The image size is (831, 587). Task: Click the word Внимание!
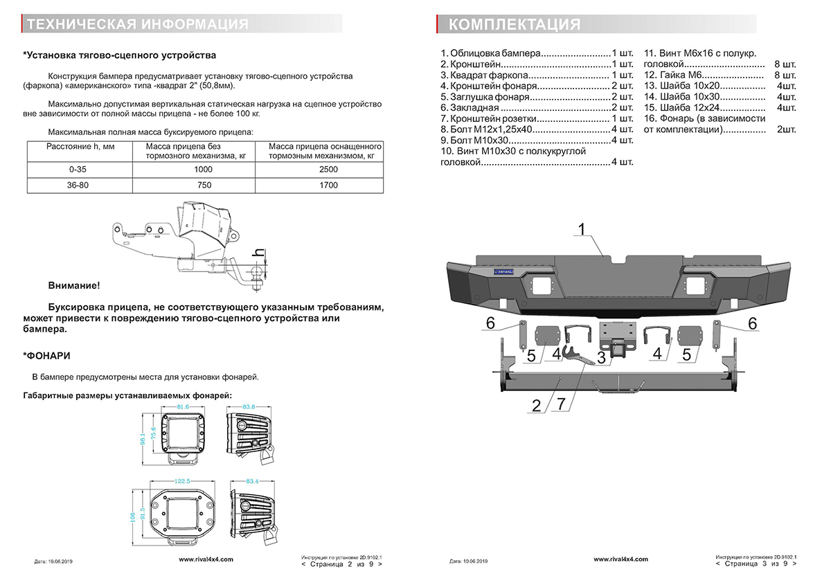pos(73,285)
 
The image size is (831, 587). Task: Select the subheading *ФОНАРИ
pos(46,356)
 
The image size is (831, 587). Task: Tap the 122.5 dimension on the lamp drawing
pos(181,481)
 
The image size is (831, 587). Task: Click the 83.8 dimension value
pos(249,406)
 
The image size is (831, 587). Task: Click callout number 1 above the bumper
pos(582,229)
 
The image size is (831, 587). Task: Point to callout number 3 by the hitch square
pos(601,357)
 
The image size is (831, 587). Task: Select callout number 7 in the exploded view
pos(560,405)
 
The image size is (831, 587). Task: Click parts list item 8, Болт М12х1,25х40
pos(537,129)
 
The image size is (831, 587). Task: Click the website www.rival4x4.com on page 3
pos(620,559)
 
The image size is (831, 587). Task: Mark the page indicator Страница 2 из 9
pos(342,564)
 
